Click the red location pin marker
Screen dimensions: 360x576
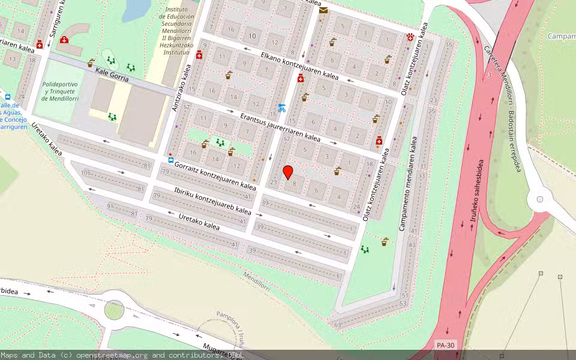pos(288,172)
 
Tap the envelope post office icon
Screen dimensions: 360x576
pos(323,10)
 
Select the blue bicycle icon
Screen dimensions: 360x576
pos(282,108)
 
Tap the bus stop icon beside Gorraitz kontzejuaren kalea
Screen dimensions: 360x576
pos(171,160)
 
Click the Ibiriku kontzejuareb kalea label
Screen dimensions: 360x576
pos(212,201)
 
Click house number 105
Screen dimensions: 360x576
pos(85,173)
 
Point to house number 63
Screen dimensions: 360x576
pos(338,325)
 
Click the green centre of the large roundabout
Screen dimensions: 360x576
pos(114,310)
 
